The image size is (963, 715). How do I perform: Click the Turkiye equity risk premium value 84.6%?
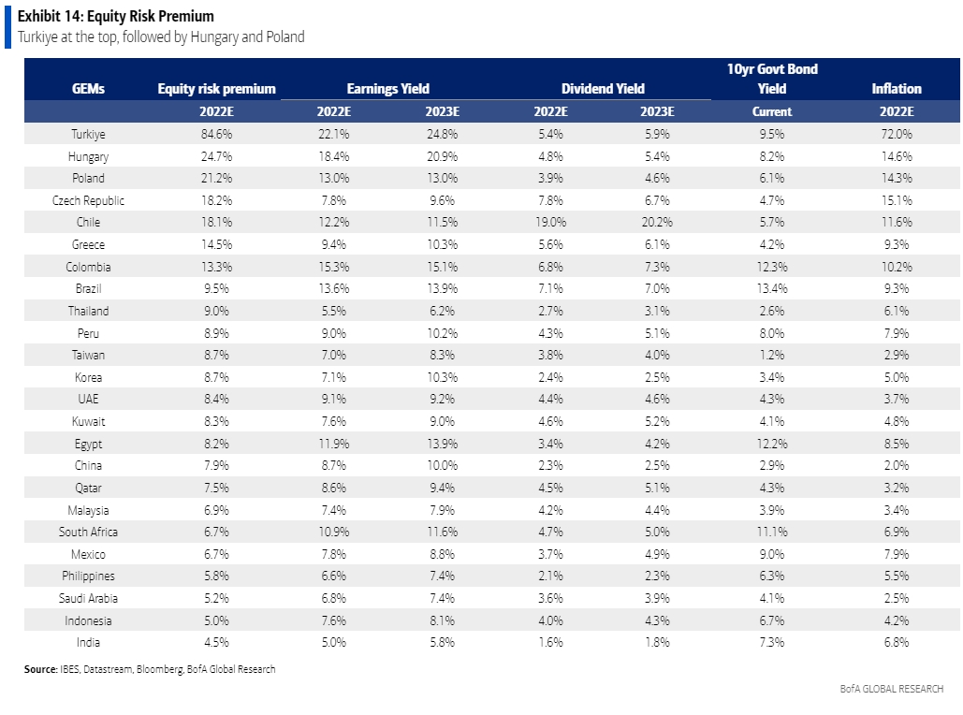[x=216, y=134]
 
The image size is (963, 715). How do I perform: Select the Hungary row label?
[x=88, y=156]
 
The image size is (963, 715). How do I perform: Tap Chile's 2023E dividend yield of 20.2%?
[x=657, y=223]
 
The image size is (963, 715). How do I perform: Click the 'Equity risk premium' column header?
[x=217, y=89]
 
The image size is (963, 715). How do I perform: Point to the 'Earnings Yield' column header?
[x=388, y=89]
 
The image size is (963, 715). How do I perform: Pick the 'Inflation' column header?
[x=897, y=89]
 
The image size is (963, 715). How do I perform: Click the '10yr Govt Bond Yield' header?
[x=772, y=79]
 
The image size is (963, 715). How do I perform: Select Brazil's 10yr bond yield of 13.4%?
[x=772, y=288]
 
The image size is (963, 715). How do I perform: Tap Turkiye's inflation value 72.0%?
[x=897, y=134]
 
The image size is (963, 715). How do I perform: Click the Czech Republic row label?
[x=88, y=201]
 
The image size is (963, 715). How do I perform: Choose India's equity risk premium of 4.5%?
[x=216, y=643]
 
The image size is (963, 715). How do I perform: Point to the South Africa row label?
[x=88, y=532]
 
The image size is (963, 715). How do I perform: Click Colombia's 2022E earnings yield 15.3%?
[x=333, y=267]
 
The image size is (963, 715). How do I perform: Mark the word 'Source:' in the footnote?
[x=40, y=669]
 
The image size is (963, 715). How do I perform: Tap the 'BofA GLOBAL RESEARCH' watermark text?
[x=892, y=689]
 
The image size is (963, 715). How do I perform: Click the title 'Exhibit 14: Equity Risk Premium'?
[x=116, y=16]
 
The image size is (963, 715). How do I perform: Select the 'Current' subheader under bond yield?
[x=772, y=111]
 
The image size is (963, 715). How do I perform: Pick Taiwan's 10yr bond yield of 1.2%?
[x=772, y=355]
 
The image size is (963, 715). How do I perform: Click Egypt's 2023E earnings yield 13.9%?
[x=442, y=444]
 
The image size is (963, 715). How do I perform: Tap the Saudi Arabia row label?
[x=88, y=598]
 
